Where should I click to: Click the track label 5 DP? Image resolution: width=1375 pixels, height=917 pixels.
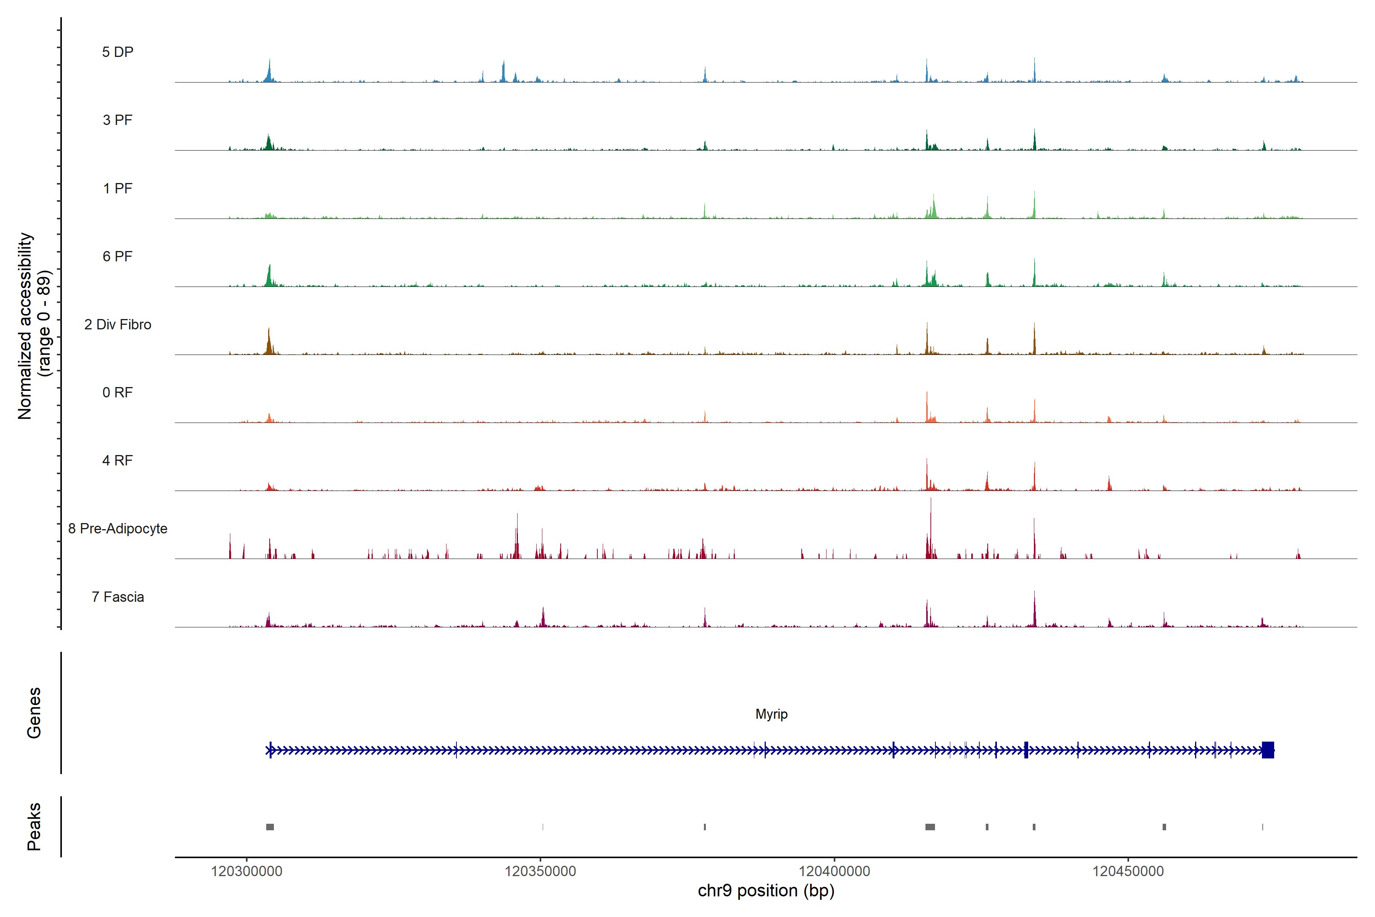[118, 52]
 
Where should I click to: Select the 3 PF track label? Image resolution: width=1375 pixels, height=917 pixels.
[118, 120]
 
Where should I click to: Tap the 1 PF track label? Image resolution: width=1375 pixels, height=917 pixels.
[118, 188]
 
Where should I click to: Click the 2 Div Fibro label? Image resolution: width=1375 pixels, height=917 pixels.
[118, 324]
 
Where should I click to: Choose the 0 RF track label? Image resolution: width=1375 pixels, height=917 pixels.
[118, 392]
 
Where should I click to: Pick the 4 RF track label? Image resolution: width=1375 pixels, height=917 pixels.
[118, 460]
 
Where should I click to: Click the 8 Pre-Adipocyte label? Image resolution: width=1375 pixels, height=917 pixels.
[118, 529]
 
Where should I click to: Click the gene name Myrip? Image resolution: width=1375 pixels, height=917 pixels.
[771, 714]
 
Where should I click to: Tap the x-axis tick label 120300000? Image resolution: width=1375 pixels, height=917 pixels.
[247, 872]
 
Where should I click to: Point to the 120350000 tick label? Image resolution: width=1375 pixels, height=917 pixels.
[540, 872]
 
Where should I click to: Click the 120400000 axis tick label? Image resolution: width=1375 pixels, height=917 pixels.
[834, 872]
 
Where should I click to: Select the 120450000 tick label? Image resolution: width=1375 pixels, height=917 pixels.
[1128, 872]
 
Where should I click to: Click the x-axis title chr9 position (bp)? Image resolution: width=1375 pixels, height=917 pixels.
[766, 891]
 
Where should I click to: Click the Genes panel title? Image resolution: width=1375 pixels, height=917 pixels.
[34, 713]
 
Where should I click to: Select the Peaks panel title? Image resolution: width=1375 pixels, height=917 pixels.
[34, 826]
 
